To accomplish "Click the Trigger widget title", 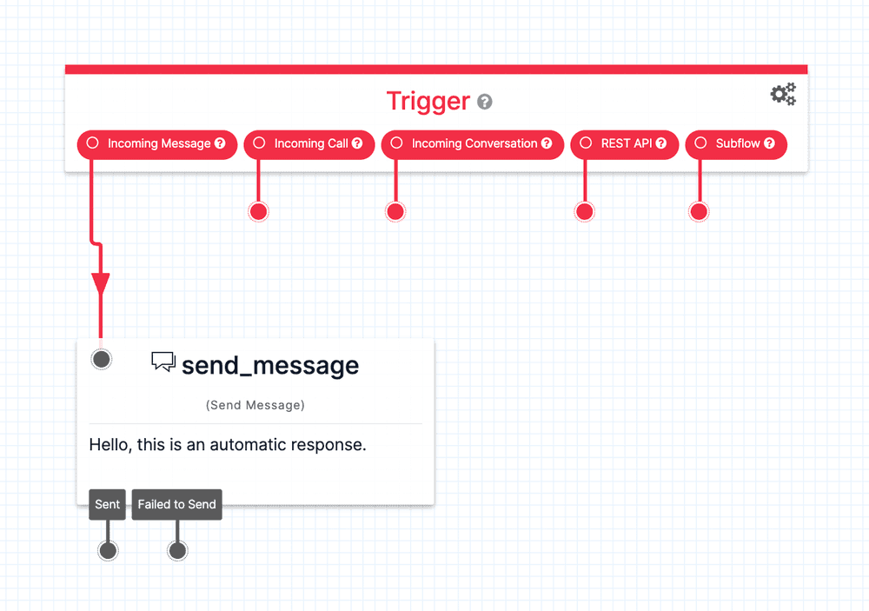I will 428,101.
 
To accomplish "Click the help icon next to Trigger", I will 485,102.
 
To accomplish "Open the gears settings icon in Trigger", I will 783,95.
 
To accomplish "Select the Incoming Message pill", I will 157,143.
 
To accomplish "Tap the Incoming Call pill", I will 309,143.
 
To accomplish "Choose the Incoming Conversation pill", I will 473,143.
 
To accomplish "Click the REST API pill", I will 623,143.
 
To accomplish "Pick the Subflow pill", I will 736,143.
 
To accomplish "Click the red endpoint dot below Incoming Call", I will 258,211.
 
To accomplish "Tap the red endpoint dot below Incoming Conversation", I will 395,211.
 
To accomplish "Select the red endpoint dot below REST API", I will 585,211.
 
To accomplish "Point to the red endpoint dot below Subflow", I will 699,211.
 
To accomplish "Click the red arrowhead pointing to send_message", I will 101,284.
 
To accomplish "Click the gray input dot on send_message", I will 102,359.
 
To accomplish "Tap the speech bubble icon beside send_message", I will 163,362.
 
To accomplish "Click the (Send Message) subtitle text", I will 255,405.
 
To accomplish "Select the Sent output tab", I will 108,504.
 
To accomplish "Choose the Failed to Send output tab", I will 176,504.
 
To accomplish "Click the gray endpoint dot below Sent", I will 108,550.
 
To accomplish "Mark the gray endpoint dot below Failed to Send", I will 177,550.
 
